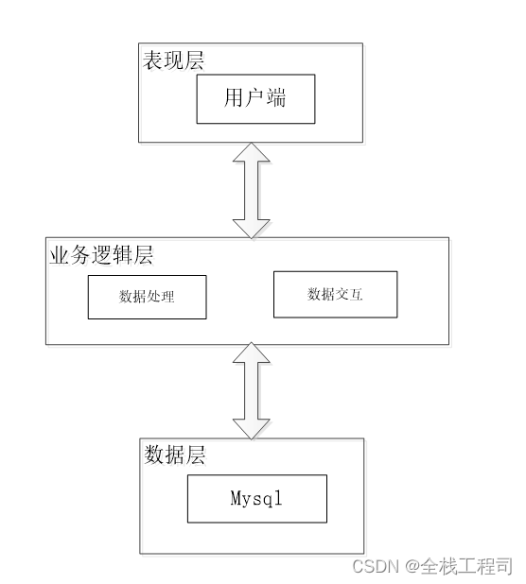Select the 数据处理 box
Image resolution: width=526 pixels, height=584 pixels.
(x=147, y=297)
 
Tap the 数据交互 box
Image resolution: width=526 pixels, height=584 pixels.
(x=335, y=294)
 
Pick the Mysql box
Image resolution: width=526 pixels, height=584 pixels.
(x=256, y=498)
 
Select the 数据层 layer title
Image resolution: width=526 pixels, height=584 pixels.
(x=175, y=455)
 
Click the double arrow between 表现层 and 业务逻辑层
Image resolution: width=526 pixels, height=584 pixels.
(x=251, y=189)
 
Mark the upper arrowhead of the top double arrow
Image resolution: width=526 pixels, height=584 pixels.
(x=251, y=157)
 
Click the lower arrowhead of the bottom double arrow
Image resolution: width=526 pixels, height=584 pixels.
(x=251, y=426)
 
